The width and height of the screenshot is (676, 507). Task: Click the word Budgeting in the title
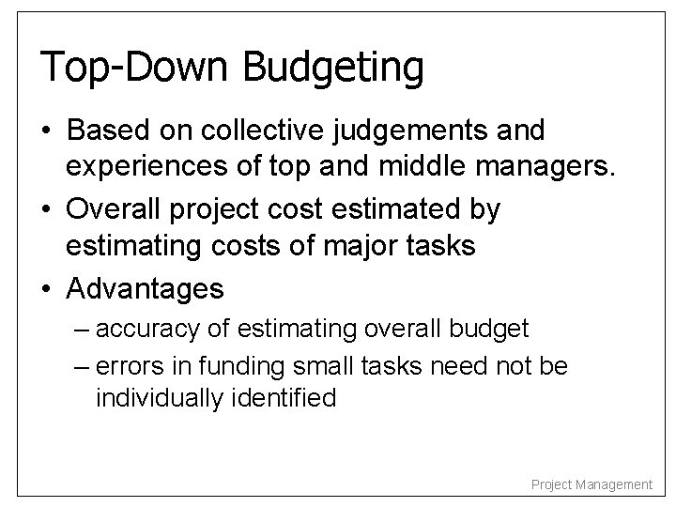pyautogui.click(x=333, y=69)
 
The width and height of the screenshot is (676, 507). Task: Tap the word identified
pyautogui.click(x=279, y=397)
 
